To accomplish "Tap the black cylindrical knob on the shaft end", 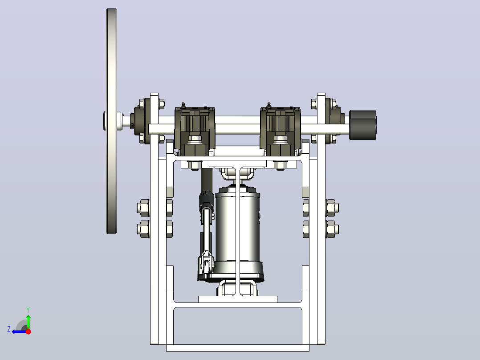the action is (363, 125).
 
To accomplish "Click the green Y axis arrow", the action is (28, 319).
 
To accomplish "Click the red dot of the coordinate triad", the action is (28, 331).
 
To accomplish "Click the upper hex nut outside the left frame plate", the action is (143, 208).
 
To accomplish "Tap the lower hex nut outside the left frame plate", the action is (143, 229).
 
